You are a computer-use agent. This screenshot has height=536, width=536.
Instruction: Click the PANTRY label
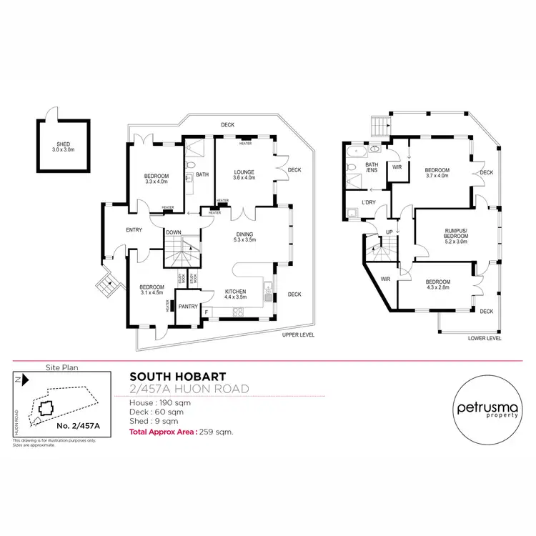coord(188,306)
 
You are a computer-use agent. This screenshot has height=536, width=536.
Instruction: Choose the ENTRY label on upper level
coord(134,229)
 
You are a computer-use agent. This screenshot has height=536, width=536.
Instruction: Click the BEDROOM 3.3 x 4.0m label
coord(157,179)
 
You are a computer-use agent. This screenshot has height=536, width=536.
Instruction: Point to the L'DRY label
coord(369,204)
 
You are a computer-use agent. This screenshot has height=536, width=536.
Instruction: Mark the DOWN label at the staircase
coord(173,232)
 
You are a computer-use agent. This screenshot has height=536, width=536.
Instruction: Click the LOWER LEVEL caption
coord(485,338)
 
